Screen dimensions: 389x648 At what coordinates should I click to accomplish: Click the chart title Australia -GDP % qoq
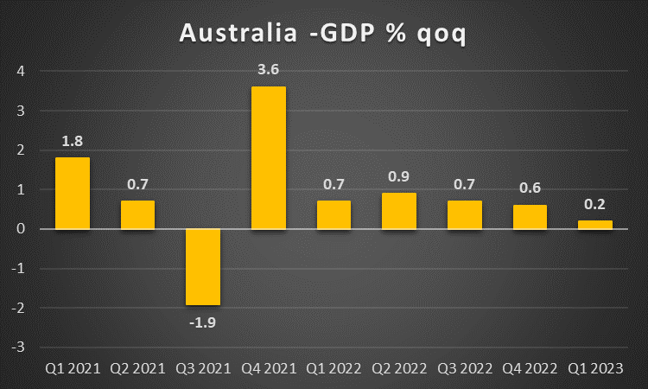pos(323,34)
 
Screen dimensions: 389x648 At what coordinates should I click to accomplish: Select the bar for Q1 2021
pos(73,193)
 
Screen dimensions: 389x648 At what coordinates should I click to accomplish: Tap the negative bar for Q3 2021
pos(203,266)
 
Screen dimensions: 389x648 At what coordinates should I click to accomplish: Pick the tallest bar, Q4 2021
pos(269,157)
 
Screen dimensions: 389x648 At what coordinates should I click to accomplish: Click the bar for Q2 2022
pos(399,210)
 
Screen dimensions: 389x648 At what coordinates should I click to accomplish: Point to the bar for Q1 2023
pos(595,225)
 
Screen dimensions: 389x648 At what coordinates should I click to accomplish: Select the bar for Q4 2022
pos(530,216)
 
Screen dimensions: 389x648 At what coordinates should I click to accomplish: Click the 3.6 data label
pos(269,70)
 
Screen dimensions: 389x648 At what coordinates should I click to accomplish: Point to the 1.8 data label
pos(73,141)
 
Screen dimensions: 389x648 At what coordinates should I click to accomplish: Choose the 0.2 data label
pos(595,205)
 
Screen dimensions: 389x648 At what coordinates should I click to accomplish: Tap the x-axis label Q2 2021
pos(137,368)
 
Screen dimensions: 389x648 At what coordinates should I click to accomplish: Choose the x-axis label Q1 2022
pos(334,368)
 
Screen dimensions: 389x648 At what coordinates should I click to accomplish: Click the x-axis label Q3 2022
pos(465,368)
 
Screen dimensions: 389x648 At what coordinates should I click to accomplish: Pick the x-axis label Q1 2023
pos(595,368)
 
